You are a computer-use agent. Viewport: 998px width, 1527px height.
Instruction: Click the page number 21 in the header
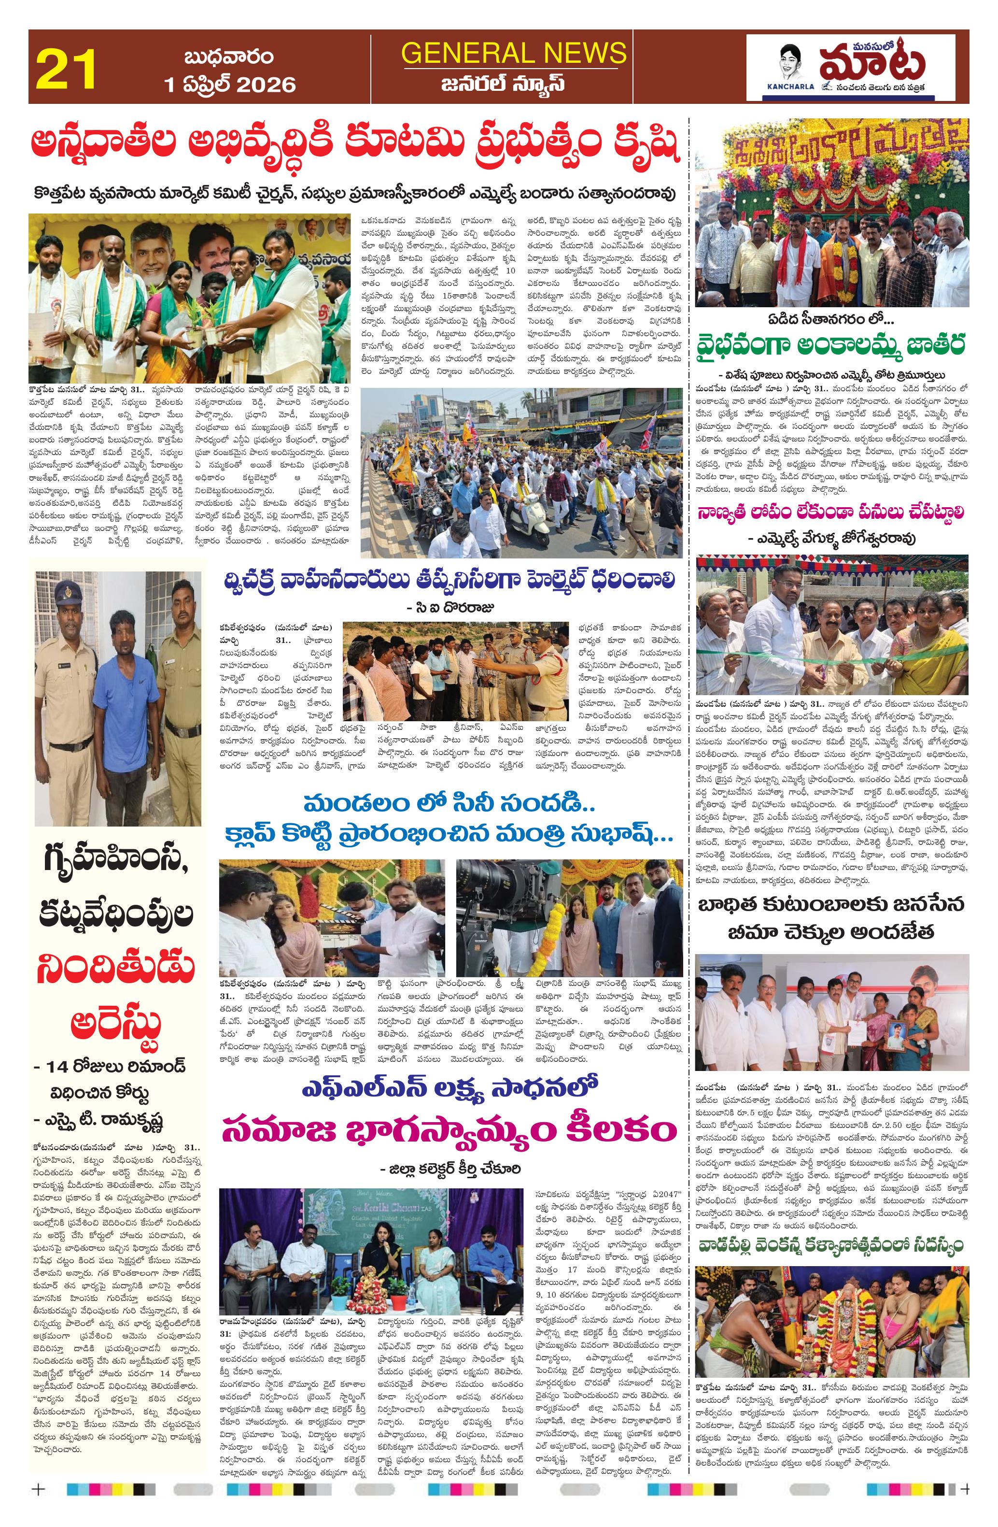click(67, 69)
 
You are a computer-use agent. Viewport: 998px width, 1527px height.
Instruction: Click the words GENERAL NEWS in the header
click(513, 53)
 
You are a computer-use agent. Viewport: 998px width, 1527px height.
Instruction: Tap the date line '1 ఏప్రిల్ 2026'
click(230, 85)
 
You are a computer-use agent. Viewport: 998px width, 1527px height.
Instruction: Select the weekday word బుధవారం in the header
click(229, 57)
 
